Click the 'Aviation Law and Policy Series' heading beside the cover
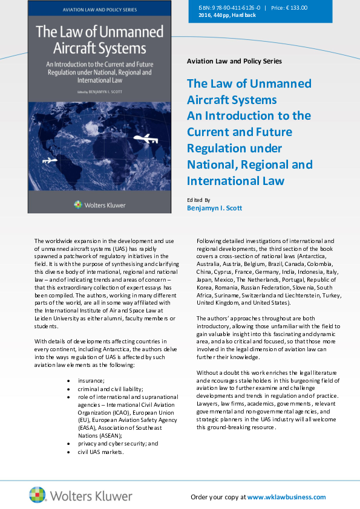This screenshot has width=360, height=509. [234, 61]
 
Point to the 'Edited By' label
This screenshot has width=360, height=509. [199, 199]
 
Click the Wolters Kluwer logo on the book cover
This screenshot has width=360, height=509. [99, 205]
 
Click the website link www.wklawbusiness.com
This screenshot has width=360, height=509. [286, 497]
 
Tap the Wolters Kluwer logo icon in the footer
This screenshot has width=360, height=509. [38, 494]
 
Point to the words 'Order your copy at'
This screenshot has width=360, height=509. [218, 497]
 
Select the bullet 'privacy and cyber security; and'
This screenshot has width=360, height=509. [118, 443]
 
